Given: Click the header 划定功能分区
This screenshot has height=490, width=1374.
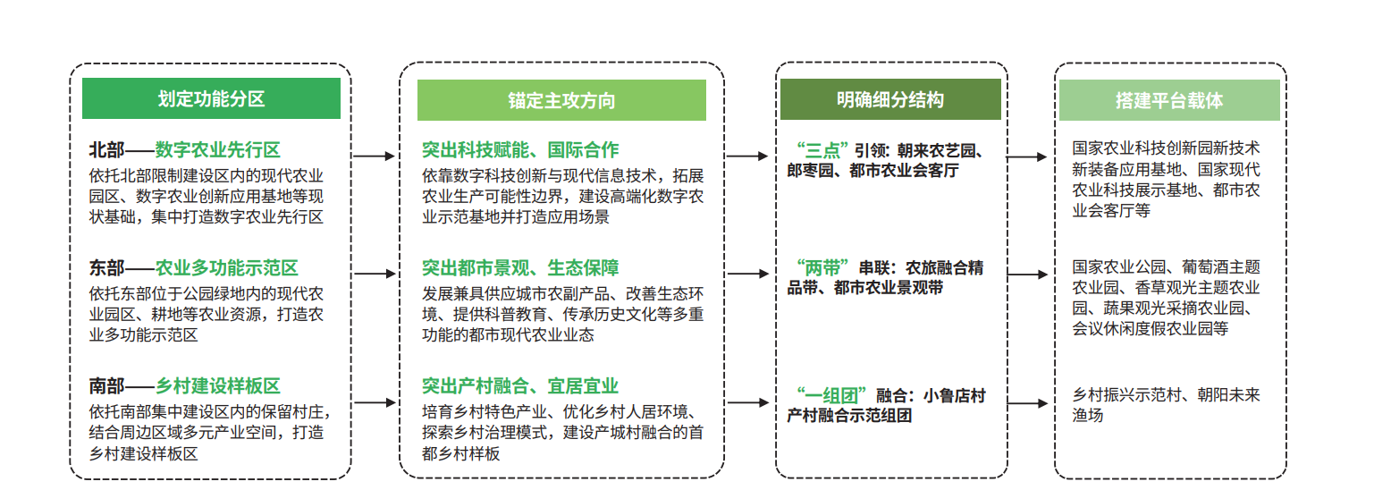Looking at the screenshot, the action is click(x=211, y=98).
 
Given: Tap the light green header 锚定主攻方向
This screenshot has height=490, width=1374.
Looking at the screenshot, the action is click(x=561, y=100).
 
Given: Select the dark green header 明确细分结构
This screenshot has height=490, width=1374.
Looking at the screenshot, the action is click(x=890, y=99).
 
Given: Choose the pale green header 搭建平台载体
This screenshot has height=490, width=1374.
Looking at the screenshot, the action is click(x=1169, y=100).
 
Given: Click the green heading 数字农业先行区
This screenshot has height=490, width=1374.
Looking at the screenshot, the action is click(x=218, y=149).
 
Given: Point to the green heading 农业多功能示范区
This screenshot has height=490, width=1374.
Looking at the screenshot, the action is click(x=226, y=268).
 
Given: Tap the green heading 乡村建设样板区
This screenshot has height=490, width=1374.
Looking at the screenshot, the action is click(x=218, y=385).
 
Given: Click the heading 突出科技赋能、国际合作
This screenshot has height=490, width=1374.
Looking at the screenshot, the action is click(x=520, y=149).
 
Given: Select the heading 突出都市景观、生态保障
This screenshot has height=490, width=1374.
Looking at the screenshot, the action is click(x=520, y=268).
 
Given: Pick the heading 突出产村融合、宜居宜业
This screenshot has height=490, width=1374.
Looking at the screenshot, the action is click(x=520, y=385).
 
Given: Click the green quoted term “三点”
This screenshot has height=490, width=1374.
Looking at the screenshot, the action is click(x=822, y=150).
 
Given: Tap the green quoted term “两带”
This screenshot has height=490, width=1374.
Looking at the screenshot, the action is click(x=822, y=267).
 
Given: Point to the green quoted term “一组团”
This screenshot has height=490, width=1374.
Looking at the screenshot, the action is click(x=831, y=395).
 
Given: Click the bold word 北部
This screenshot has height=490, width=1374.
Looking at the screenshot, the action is click(x=106, y=149).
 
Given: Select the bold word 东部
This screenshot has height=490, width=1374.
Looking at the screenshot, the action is click(x=106, y=268).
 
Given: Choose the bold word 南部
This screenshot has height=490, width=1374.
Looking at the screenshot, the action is click(x=106, y=385).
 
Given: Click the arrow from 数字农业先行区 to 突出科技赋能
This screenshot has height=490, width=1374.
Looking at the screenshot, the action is click(x=375, y=156).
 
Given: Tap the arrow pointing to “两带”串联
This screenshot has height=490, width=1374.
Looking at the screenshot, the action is click(x=747, y=274).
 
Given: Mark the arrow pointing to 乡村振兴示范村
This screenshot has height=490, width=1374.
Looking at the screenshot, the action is click(x=1027, y=403).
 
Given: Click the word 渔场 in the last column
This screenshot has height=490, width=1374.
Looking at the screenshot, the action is click(x=1088, y=416).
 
